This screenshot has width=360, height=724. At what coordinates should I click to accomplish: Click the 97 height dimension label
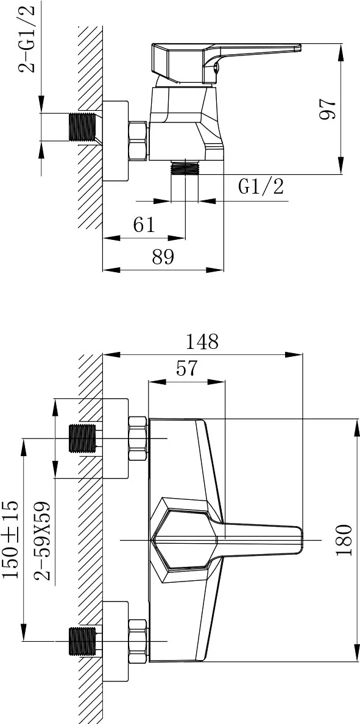pos(328,109)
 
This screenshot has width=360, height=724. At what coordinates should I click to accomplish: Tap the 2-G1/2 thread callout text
pos(26,39)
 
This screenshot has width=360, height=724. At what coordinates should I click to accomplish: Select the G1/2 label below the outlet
pos(261,186)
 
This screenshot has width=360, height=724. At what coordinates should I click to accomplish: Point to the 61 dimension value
pos(144,225)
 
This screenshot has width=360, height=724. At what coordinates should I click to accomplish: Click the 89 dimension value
pos(163,257)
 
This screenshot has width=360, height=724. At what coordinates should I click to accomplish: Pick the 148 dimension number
pos(202,342)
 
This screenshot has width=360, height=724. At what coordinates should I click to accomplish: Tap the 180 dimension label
pos(344,539)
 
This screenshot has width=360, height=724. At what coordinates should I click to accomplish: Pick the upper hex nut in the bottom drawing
pos(138,438)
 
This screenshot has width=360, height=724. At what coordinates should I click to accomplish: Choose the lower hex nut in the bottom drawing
pos(138,642)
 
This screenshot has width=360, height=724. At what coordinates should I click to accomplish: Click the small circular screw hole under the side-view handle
pos(216,70)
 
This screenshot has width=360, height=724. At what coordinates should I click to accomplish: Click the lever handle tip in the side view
pos(299,47)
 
